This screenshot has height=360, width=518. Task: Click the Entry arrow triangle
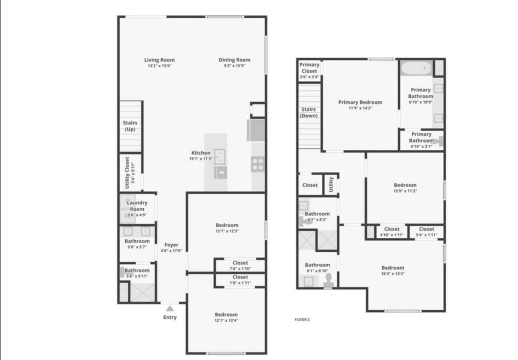(170, 308)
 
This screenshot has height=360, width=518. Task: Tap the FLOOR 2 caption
(302, 320)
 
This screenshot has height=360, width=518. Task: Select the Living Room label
(159, 60)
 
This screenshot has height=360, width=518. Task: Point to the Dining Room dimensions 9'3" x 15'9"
(234, 66)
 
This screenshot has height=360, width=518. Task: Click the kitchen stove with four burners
(258, 164)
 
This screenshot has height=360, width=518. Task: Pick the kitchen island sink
(220, 157)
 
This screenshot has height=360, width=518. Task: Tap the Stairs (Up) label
(130, 126)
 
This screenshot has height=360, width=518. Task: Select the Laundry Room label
(137, 206)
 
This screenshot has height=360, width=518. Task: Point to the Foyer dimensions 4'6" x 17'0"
(171, 250)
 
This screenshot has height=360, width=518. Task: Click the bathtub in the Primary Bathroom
(416, 68)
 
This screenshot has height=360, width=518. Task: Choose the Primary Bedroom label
(360, 102)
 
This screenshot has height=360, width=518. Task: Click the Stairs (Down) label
(309, 112)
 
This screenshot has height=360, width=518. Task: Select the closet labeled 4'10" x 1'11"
(392, 232)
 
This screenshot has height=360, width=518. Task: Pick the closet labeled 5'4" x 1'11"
(426, 232)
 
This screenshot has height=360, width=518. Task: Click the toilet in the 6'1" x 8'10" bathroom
(329, 280)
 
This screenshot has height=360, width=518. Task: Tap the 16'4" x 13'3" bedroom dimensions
(393, 274)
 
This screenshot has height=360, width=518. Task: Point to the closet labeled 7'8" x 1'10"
(240, 266)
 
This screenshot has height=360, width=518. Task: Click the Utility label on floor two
(331, 184)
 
